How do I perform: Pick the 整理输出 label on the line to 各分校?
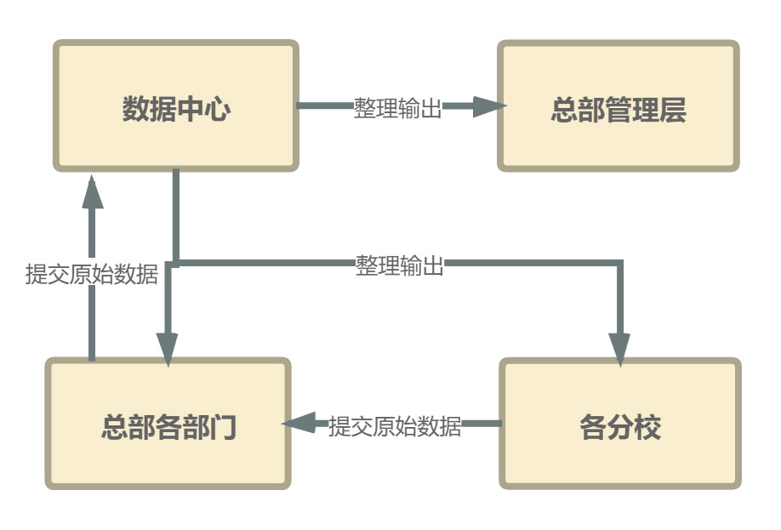(400, 265)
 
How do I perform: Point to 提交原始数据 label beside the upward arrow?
(92, 274)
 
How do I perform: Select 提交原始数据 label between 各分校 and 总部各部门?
(395, 425)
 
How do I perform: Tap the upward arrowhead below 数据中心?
(92, 192)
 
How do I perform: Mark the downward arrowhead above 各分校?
(620, 349)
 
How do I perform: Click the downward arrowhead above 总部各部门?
(167, 349)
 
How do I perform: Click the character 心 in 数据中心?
(217, 109)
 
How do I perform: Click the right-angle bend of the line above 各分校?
(620, 264)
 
